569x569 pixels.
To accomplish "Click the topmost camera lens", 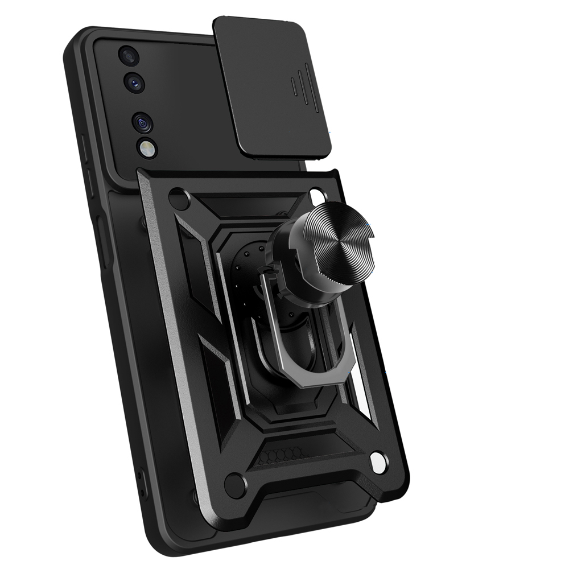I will point(128,56).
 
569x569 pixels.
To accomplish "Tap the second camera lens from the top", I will point(135,83).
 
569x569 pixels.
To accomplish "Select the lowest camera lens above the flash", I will point(142,122).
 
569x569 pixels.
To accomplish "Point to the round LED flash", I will point(146,149).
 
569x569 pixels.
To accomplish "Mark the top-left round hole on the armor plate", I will point(179,199).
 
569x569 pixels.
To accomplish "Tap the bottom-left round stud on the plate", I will point(234,485).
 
